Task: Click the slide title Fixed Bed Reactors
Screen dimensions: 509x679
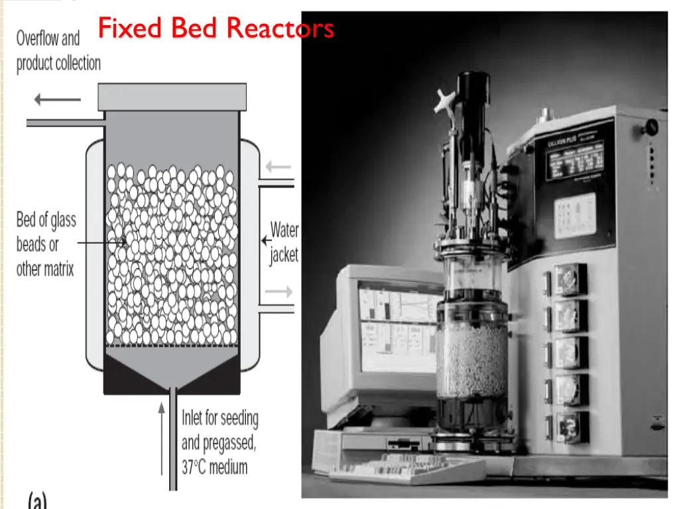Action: (216, 28)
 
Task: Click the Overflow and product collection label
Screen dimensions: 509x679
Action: (58, 51)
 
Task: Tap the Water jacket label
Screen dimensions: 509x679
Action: (284, 243)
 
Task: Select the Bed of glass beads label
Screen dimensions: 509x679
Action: (46, 244)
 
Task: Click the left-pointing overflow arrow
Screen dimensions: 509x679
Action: (57, 100)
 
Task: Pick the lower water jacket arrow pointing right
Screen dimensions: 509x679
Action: (278, 291)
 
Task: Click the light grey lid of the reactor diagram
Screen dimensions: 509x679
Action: (172, 97)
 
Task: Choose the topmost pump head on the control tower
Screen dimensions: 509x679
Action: (570, 280)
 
